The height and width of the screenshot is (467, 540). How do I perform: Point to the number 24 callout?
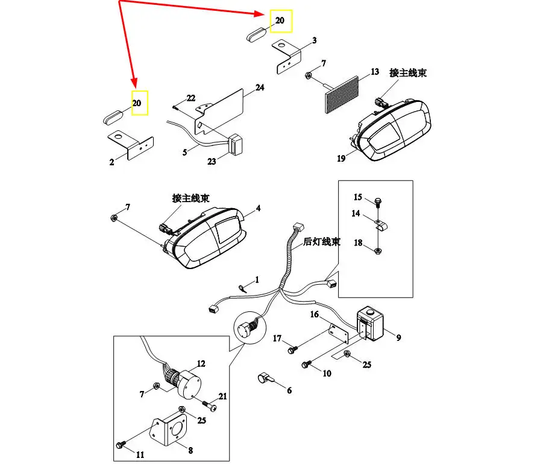click(x=260, y=87)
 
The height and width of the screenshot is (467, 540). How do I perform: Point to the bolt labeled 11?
click(x=120, y=445)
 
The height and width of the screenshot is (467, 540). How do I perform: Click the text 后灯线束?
click(x=321, y=242)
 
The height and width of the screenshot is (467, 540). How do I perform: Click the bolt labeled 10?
click(x=307, y=364)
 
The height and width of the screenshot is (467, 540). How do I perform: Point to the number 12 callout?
click(x=201, y=364)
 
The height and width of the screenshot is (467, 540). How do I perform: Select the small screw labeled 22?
click(x=175, y=107)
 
